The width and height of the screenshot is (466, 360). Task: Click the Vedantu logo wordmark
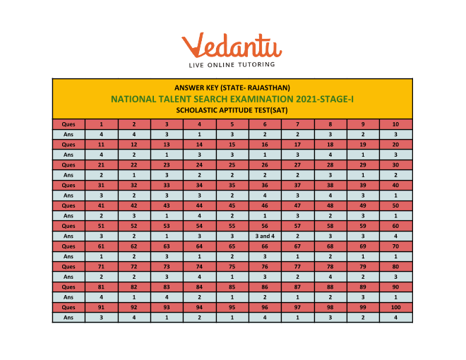pos(232,45)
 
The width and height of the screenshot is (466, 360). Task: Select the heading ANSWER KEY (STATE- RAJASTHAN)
pos(232,88)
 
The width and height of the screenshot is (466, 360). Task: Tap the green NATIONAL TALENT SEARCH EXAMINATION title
pos(232,99)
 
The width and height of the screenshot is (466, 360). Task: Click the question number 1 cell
pos(101,124)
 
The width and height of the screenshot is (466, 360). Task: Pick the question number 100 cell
pos(396,308)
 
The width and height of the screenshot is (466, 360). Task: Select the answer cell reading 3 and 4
pos(265,236)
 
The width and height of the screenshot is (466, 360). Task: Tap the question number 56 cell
pos(265,226)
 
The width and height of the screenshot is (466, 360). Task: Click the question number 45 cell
pos(232,205)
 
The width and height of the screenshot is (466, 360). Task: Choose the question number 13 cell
pos(167,144)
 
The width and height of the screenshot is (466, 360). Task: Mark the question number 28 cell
pos(330,164)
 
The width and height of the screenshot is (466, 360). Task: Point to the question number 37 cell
pos(298,185)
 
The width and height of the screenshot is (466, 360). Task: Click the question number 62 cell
pos(134,246)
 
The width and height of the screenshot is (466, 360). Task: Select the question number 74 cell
pos(200,267)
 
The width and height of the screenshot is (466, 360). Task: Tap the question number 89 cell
pos(364,287)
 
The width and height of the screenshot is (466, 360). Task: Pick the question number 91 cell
pos(101,308)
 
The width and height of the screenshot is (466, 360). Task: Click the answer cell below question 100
pos(396,318)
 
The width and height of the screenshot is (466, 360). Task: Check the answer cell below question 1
pos(101,133)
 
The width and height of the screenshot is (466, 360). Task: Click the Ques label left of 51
pos(68,226)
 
